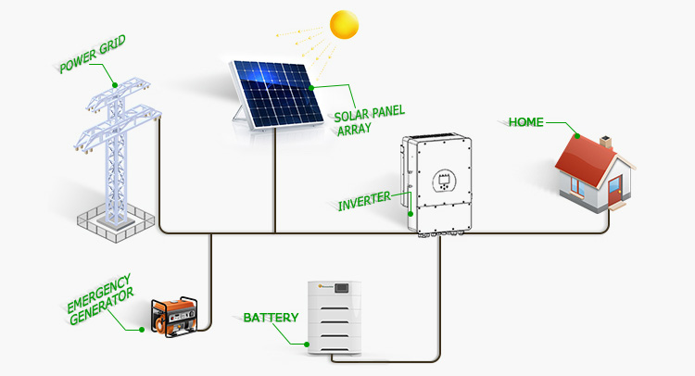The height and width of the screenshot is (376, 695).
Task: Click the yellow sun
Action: [x=344, y=25]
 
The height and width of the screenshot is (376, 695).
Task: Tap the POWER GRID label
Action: [x=92, y=54]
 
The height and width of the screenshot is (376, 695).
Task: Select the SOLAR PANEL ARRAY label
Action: [x=369, y=120]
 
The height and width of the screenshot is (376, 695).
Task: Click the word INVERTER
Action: [x=364, y=202]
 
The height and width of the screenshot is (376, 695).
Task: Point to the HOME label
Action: [x=525, y=122]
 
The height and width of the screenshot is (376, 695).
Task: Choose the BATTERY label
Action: [x=271, y=318]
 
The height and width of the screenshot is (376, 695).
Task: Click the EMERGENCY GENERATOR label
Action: [x=100, y=300]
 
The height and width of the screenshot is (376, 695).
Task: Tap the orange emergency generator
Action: [x=174, y=317]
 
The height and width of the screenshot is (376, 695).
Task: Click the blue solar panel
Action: [x=277, y=94]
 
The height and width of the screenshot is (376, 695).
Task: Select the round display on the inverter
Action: [x=444, y=181]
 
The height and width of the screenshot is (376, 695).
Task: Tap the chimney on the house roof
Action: [x=605, y=143]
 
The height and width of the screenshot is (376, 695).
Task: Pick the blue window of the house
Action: [x=577, y=186]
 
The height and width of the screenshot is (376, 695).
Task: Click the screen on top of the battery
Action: [x=342, y=288]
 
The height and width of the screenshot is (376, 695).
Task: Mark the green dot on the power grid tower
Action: [x=115, y=85]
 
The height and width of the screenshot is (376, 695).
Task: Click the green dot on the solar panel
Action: [x=311, y=88]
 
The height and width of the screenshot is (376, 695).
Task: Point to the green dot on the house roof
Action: [x=577, y=136]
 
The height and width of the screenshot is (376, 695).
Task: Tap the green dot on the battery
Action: [x=307, y=345]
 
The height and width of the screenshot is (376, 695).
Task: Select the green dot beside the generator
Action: [x=142, y=330]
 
